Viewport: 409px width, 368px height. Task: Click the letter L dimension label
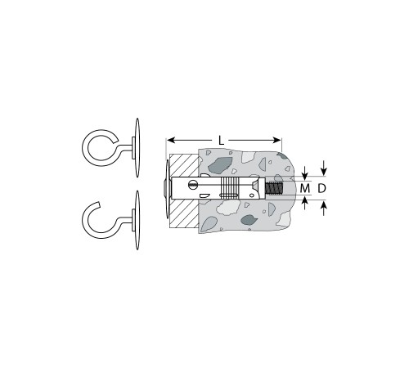click(x=221, y=141)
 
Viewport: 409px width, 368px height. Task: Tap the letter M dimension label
click(x=305, y=188)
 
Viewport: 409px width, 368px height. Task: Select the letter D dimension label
click(x=322, y=188)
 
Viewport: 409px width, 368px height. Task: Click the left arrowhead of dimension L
click(x=171, y=141)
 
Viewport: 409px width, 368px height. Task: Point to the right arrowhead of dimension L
click(x=276, y=141)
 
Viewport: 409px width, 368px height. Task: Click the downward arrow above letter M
click(x=305, y=173)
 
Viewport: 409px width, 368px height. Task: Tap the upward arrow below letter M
click(x=305, y=203)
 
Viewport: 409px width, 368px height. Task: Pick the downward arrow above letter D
click(x=324, y=168)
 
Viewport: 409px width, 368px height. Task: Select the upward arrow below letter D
click(x=324, y=209)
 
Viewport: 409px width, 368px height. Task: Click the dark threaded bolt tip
click(x=275, y=188)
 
